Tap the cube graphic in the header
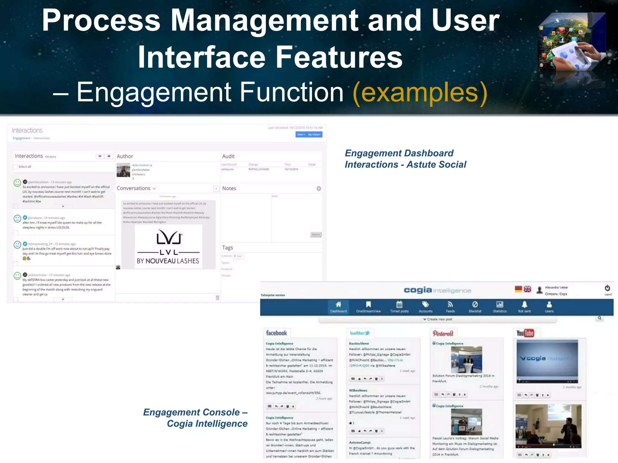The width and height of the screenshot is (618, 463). pos(572,42)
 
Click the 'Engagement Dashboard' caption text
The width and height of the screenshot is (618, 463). pos(399,153)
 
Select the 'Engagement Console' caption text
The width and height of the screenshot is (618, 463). pos(195,412)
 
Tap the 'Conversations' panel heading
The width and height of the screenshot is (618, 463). pos(133,188)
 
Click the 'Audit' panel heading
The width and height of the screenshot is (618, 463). pos(228,156)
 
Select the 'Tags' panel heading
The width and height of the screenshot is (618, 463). pos(227,247)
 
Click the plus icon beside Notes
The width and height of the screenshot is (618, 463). pos(319,188)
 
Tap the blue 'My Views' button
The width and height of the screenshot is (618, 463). pos(314,134)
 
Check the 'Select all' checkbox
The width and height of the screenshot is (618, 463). pos(15,167)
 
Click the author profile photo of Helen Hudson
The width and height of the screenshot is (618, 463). pos(123,170)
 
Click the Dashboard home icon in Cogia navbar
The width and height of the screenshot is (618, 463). pos(338,304)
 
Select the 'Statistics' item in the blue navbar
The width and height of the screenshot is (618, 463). pos(500,307)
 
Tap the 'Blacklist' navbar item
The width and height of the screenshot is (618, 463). pos(475,307)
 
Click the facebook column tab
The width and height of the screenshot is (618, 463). pos(276,333)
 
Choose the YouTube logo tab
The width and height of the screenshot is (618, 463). pos(525,333)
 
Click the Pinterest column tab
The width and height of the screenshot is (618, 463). pos(443,333)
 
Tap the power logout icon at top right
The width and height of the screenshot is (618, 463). pos(607,288)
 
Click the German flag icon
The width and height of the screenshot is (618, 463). pos(518,289)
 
